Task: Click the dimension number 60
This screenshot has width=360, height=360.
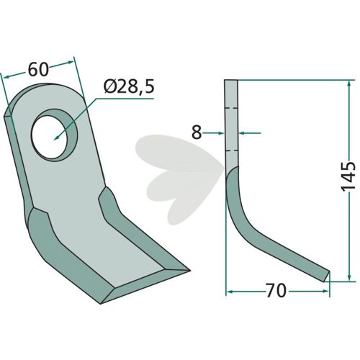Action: click(38, 70)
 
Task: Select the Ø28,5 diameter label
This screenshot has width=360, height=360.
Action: click(129, 87)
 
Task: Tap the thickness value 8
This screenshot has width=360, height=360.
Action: click(197, 132)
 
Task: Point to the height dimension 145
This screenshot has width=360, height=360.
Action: click(348, 176)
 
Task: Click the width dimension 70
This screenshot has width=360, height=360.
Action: click(276, 291)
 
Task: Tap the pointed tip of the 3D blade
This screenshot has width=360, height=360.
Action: click(189, 271)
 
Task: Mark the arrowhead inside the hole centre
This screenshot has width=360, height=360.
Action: click(57, 138)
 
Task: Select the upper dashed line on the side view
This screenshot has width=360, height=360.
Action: click(232, 108)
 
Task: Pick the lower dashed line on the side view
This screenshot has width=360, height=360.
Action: click(232, 151)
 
